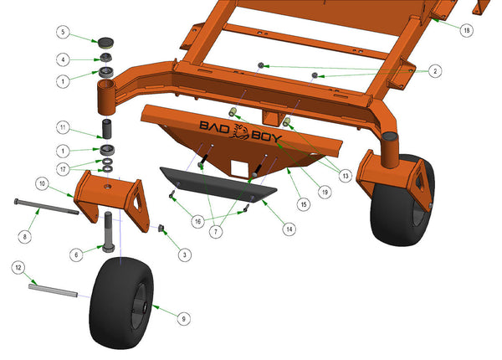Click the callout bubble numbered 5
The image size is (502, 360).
(x=63, y=32)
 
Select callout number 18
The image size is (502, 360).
(x=467, y=30)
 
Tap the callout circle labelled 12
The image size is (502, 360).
(x=18, y=267)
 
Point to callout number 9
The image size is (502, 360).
(x=184, y=319)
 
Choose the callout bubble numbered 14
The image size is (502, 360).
(x=289, y=229)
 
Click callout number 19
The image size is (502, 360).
(x=325, y=193)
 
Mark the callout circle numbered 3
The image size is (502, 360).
(x=184, y=255)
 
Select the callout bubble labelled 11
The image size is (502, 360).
(x=63, y=127)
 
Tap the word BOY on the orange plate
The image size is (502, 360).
(x=266, y=136)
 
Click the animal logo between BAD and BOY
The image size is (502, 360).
(x=241, y=131)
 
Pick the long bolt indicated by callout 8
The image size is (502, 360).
(x=46, y=207)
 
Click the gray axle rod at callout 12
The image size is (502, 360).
(x=54, y=291)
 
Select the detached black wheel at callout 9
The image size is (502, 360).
(x=121, y=303)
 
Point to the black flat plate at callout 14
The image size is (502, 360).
(x=218, y=185)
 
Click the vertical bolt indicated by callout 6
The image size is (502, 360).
(x=108, y=232)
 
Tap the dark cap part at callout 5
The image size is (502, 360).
(x=106, y=42)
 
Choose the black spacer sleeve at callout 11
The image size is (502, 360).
(x=106, y=129)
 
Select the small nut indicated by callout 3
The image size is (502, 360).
(x=161, y=228)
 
